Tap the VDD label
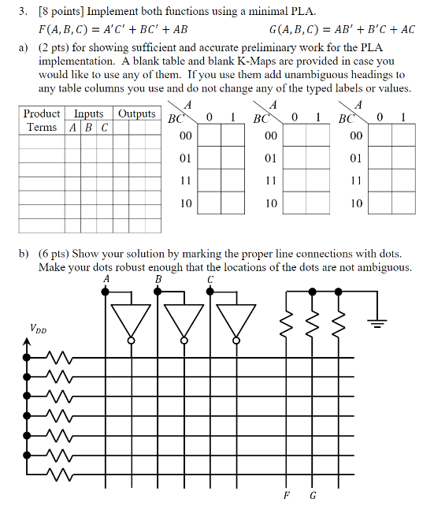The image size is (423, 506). pyautogui.click(x=37, y=329)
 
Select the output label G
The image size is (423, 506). pyautogui.click(x=313, y=495)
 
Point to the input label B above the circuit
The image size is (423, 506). pyautogui.click(x=158, y=279)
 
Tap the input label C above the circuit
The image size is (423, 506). pyautogui.click(x=210, y=279)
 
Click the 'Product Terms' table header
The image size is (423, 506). pyautogui.click(x=42, y=121)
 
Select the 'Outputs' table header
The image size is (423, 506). pyautogui.click(x=137, y=114)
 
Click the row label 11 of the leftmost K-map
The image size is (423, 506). pyautogui.click(x=185, y=180)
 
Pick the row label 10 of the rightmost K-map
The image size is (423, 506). pyautogui.click(x=357, y=203)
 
